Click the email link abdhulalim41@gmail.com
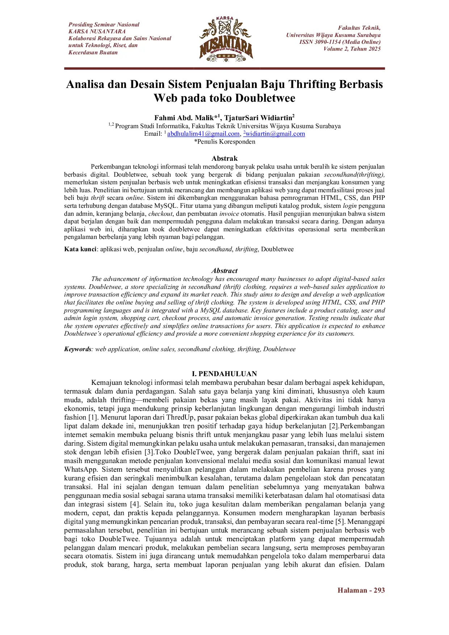203,134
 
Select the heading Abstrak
224,159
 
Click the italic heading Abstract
224,271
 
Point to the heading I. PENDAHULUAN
224,374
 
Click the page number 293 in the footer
379,590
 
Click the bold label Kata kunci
80,249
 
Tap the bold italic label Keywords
77,349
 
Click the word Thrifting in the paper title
312,84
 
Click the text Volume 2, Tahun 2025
352,49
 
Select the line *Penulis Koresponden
224,142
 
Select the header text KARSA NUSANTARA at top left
97,31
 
